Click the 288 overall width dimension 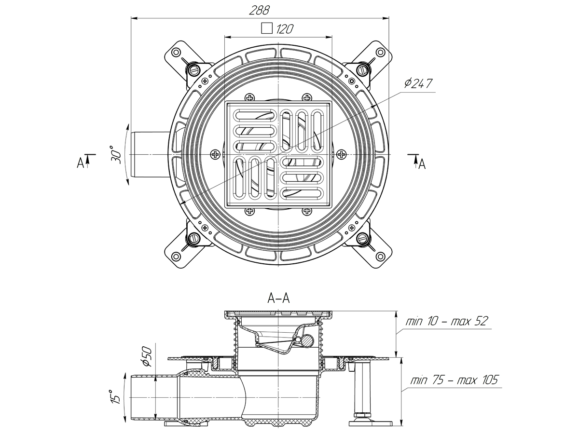coord(260,9)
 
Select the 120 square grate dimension coord(285,29)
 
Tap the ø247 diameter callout coord(419,83)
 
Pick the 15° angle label coord(114,396)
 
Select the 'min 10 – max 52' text coord(446,321)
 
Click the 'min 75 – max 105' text coord(453,380)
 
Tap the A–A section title coord(278,299)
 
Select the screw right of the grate coord(342,154)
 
